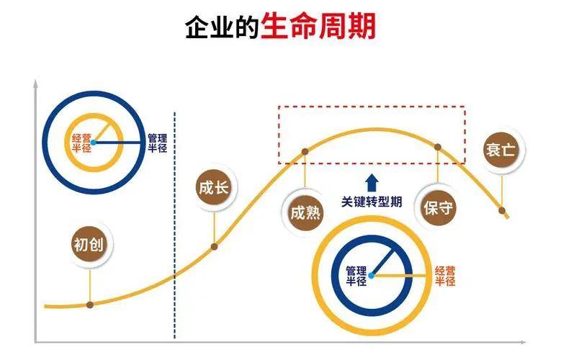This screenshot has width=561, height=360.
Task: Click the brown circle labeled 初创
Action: tap(89, 245)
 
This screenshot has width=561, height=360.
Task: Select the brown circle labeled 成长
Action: tap(214, 187)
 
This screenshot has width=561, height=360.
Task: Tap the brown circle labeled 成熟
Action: tap(305, 213)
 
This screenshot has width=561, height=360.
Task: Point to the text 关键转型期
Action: tap(372, 202)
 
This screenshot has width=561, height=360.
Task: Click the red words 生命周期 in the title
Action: tap(318, 27)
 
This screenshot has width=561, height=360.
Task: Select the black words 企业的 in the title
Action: tap(223, 27)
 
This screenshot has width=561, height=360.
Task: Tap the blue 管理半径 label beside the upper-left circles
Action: tap(158, 143)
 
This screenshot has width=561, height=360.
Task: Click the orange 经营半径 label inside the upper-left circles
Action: tap(81, 143)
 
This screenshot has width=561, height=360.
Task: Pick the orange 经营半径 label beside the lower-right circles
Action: tap(445, 276)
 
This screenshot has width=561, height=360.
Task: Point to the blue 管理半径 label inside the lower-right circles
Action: tap(356, 276)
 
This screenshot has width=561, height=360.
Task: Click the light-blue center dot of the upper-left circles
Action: tap(94, 143)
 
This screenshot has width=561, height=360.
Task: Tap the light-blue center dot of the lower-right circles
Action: tap(372, 276)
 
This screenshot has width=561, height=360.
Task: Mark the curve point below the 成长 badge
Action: tap(215, 246)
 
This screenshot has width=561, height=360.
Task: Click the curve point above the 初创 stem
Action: tap(90, 305)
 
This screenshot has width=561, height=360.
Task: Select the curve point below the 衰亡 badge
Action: tap(502, 210)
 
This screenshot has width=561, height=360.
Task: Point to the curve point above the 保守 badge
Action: tap(438, 147)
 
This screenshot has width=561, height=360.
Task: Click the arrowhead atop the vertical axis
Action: tap(35, 84)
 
